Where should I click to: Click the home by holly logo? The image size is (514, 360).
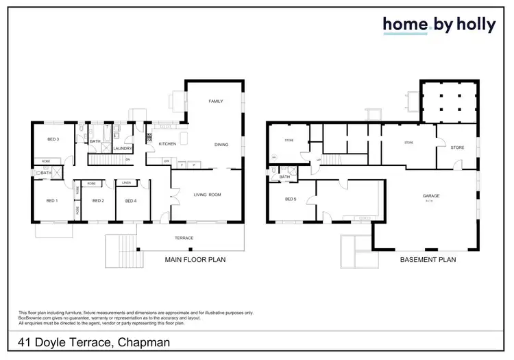(439, 25)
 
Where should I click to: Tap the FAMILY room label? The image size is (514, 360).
(216, 101)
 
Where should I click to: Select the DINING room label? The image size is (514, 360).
(221, 145)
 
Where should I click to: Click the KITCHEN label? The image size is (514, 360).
(168, 144)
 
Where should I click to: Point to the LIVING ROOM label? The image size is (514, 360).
(206, 195)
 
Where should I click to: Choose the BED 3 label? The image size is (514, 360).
(53, 140)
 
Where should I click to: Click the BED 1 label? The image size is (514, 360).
(51, 201)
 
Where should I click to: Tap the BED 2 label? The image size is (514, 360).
(98, 201)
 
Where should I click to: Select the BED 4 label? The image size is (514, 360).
(131, 201)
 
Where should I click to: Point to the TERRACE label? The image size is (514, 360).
(184, 238)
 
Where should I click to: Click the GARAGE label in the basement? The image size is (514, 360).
(431, 196)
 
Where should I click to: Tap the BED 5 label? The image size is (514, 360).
(291, 200)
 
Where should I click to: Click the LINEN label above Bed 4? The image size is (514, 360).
(127, 183)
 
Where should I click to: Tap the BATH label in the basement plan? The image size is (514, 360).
(284, 177)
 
